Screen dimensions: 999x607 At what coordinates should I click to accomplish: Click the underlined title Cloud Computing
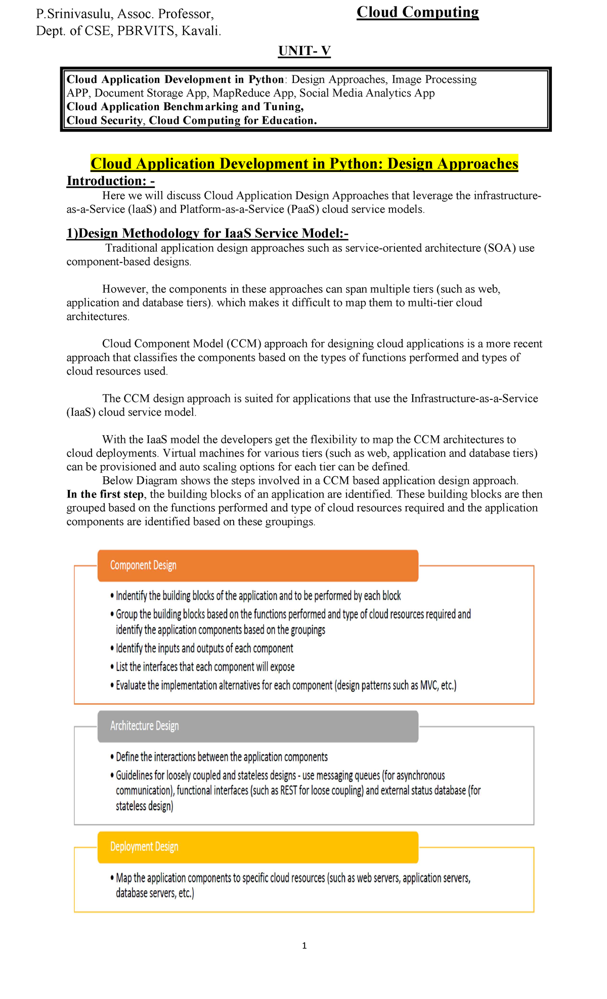coord(417,12)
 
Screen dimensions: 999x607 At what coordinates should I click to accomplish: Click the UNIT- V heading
coord(304,51)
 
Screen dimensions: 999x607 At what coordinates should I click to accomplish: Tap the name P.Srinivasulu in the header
coord(75,14)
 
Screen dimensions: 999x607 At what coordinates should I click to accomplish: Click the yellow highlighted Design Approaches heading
coord(304,164)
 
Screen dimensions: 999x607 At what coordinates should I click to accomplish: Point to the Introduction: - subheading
coord(110,181)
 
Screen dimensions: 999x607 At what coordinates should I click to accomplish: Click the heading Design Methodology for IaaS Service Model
coord(207,233)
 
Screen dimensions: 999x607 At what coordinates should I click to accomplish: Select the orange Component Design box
coord(257,565)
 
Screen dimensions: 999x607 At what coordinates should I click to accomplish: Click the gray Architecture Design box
coord(257,726)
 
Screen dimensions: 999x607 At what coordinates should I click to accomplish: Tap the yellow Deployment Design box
coord(257,847)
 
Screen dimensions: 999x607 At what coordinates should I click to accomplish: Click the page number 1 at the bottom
coord(304,945)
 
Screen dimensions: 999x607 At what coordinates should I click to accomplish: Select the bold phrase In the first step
coord(105,494)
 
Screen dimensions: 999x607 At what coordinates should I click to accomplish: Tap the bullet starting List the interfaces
coord(205,667)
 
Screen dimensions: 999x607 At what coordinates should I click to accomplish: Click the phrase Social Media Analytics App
coord(367,93)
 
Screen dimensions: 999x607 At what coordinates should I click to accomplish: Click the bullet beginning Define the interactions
coord(222,757)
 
